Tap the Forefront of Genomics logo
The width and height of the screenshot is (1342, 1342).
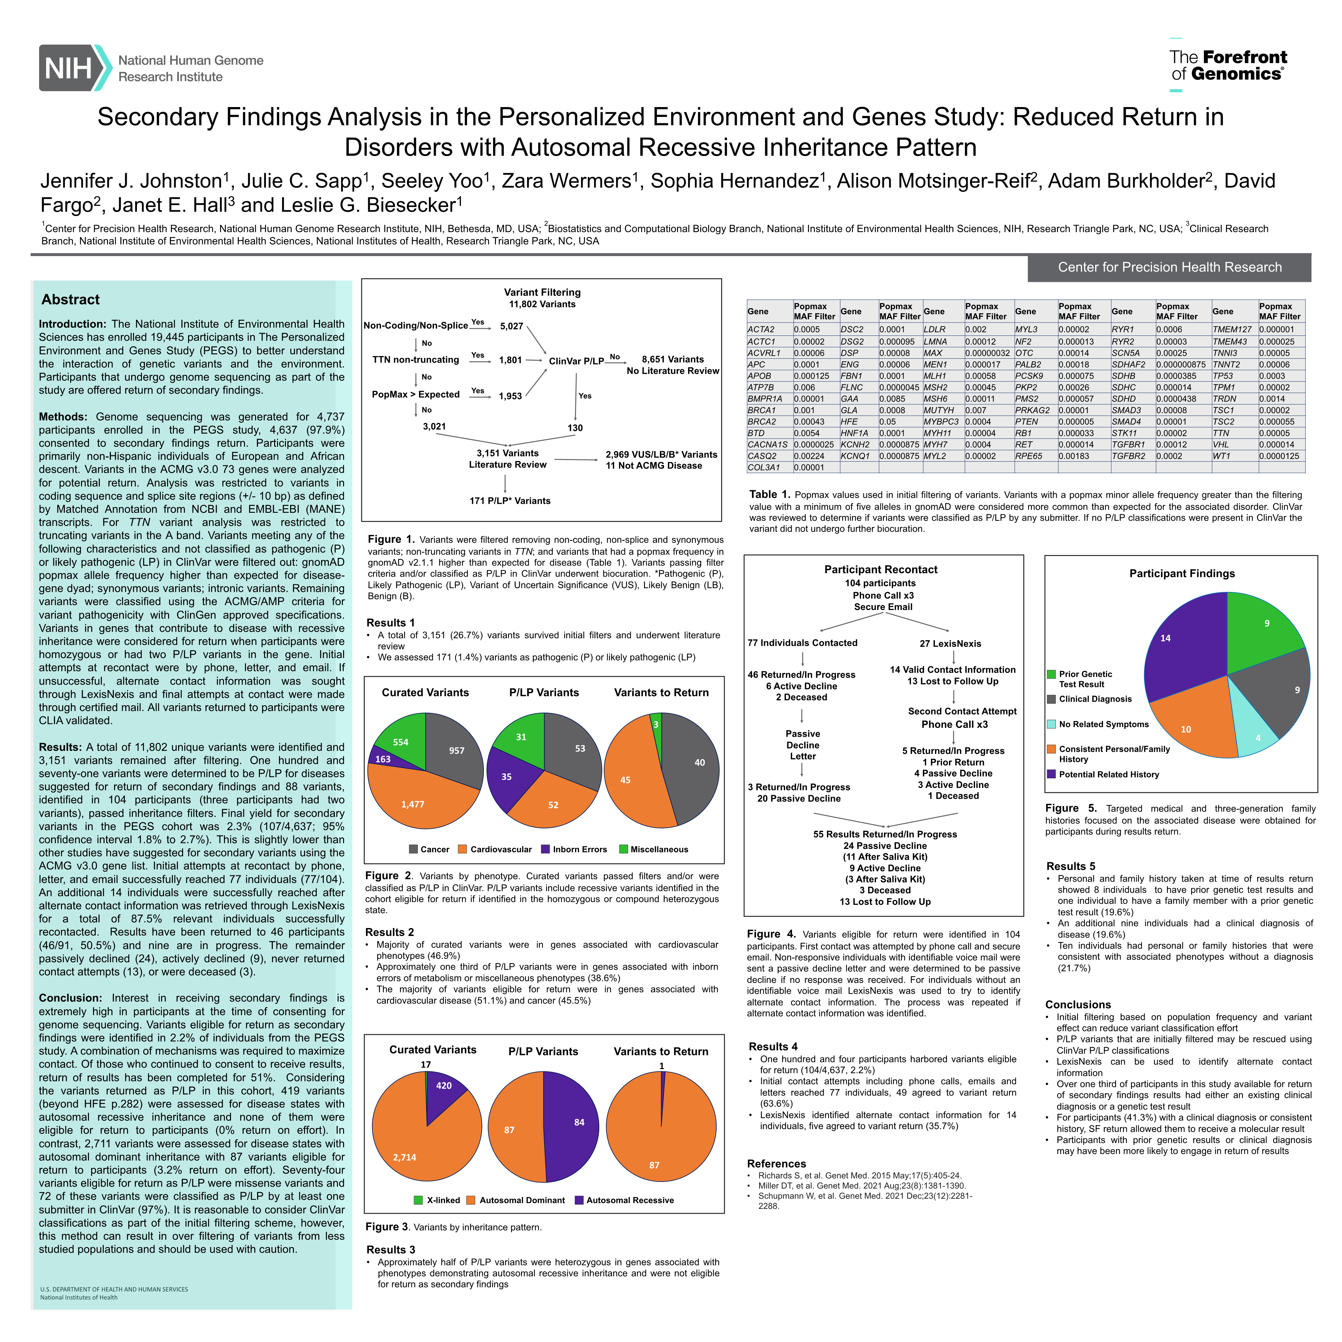click(x=1227, y=65)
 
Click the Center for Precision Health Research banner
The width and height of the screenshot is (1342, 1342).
click(x=1169, y=268)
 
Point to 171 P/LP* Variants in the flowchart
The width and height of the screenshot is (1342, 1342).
click(x=510, y=501)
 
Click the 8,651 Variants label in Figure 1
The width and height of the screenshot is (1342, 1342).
click(x=672, y=359)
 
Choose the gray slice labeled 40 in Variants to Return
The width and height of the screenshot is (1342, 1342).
click(x=695, y=764)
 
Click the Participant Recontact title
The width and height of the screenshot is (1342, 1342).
click(x=881, y=570)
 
